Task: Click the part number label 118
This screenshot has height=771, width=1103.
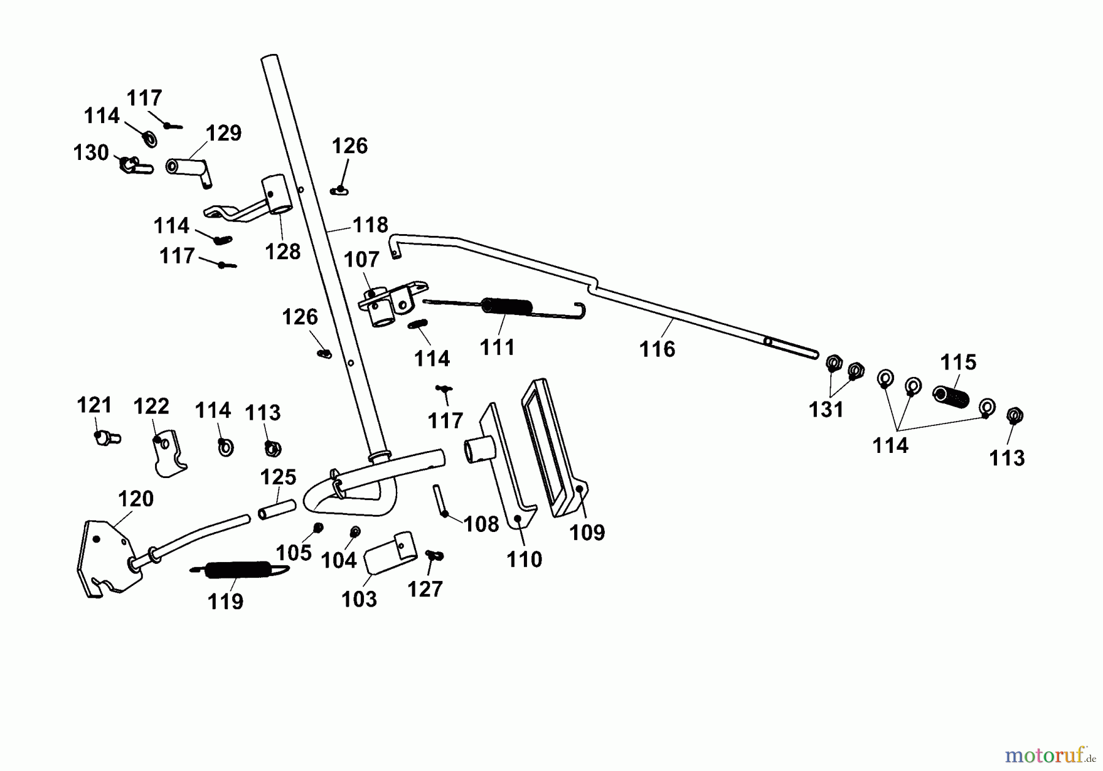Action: [370, 225]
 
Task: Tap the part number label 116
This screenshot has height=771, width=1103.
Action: [657, 349]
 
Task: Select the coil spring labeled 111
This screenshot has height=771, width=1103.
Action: [506, 306]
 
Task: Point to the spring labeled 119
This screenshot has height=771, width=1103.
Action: [239, 569]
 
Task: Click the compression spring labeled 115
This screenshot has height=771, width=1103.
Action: [951, 396]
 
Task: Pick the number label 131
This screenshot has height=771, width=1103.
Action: [826, 409]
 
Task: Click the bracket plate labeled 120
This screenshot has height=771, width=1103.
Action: [108, 557]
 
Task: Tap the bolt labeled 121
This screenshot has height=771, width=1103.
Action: [106, 438]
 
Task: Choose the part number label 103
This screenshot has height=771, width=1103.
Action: [359, 599]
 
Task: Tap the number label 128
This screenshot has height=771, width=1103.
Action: [282, 251]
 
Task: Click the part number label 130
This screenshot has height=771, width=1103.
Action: [91, 153]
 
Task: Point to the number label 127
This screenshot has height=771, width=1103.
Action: [425, 589]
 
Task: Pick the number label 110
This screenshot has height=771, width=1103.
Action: [525, 559]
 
